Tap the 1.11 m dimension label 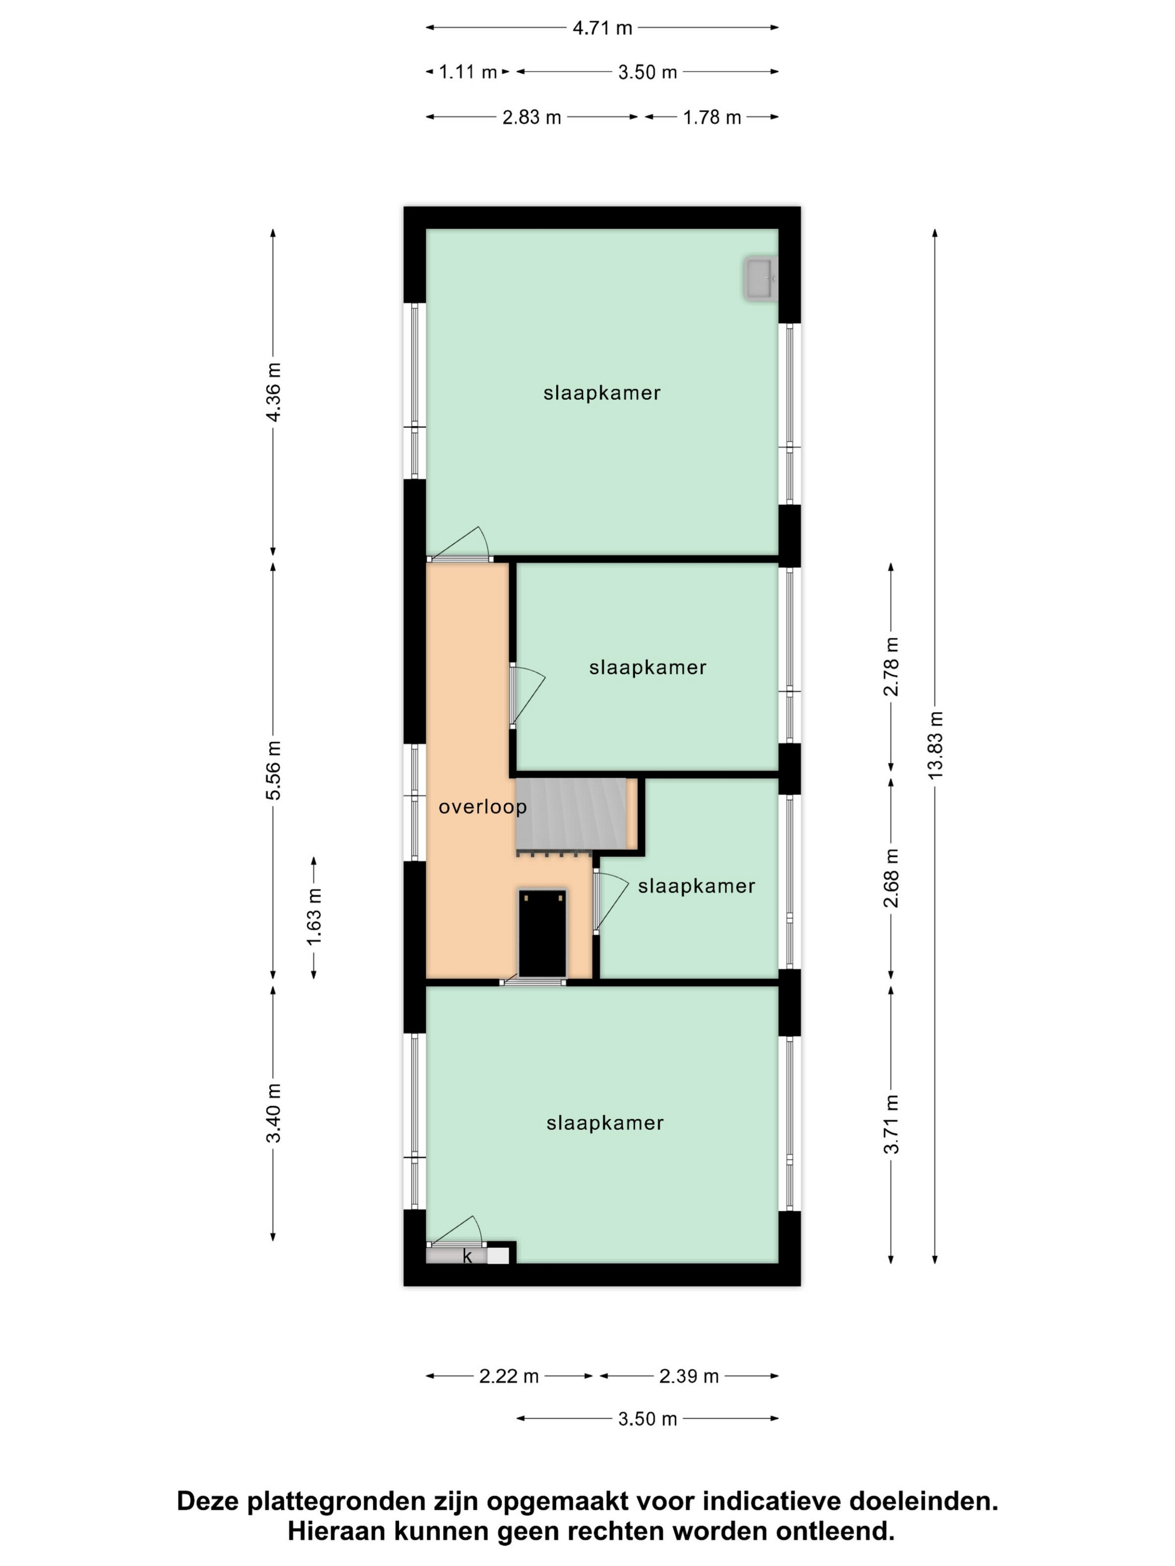click(x=468, y=72)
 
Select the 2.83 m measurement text click(x=531, y=117)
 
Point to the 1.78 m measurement click(x=712, y=117)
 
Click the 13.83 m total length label click(x=936, y=746)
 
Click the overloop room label click(x=482, y=807)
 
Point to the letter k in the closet click(x=467, y=1257)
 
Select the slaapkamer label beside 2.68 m click(x=696, y=886)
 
